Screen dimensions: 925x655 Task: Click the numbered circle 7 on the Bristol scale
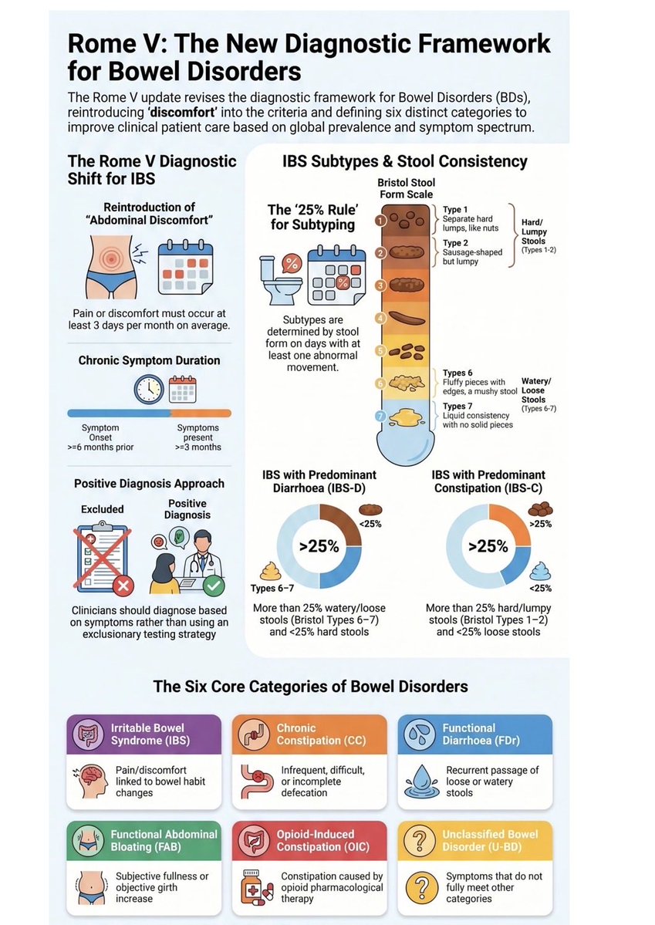pyautogui.click(x=380, y=417)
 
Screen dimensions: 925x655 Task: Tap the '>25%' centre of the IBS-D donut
pyautogui.click(x=319, y=546)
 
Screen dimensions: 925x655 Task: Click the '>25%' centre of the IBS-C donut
pyautogui.click(x=488, y=546)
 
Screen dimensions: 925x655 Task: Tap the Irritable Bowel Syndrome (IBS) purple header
pyautogui.click(x=143, y=734)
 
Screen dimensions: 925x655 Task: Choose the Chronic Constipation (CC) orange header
pyautogui.click(x=309, y=734)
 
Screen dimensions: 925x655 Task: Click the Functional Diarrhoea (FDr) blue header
pyautogui.click(x=475, y=734)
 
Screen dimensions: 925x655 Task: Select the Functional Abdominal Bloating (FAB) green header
pyautogui.click(x=143, y=840)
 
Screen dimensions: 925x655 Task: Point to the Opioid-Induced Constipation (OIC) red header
pyautogui.click(x=309, y=840)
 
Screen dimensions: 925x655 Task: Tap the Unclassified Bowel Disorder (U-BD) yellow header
pyautogui.click(x=475, y=840)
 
